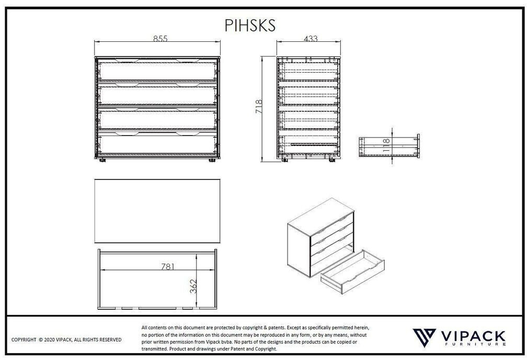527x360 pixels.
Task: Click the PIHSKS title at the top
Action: pos(250,26)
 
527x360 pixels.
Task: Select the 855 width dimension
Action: pos(161,39)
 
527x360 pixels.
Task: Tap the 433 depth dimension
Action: pos(310,39)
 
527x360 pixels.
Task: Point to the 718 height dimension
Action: pos(259,106)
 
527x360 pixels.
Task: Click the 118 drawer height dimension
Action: pos(386,145)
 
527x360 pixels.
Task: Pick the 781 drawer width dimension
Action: pos(168,266)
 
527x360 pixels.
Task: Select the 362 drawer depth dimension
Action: pos(193,286)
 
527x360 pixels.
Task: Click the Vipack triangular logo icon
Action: pos(424,337)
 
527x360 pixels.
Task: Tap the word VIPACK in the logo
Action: pos(473,336)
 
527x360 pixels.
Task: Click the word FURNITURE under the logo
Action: pos(473,344)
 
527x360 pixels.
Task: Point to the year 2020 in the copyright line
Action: pos(49,340)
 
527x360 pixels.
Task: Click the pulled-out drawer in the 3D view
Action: pos(352,272)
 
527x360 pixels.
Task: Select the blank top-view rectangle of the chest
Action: pos(157,211)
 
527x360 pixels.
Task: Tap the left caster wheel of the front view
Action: pos(102,161)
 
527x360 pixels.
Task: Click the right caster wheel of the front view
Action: pos(212,161)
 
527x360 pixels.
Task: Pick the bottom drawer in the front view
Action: pos(157,144)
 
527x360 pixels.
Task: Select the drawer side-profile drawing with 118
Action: pos(389,146)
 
